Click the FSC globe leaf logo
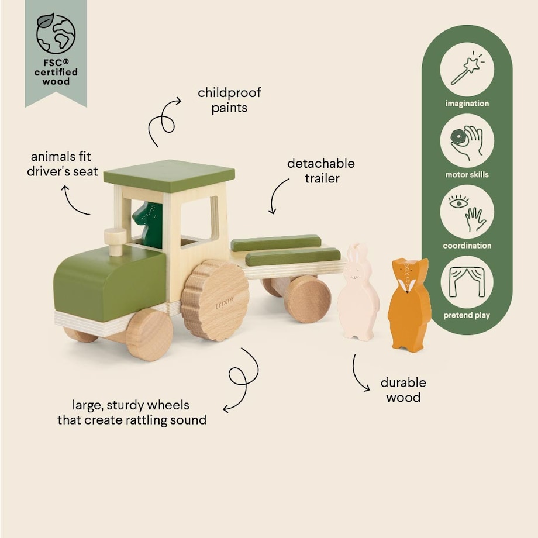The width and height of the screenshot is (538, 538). tap(56, 33)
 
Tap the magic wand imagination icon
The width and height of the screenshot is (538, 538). tap(467, 69)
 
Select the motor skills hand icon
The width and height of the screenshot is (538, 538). tap(467, 140)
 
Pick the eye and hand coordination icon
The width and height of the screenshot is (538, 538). tap(467, 212)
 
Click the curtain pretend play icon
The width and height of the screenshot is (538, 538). tap(467, 282)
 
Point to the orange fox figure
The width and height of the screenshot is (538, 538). tap(409, 304)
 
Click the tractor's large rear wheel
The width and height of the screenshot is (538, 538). tap(215, 300)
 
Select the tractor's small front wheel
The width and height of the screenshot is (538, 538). tap(149, 334)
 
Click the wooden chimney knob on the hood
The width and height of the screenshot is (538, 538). tap(115, 240)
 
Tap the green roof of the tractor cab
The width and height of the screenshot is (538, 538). tap(169, 175)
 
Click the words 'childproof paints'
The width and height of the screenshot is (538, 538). tap(229, 100)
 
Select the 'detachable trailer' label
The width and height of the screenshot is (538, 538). tap(320, 171)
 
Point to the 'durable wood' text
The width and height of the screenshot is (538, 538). tap(403, 390)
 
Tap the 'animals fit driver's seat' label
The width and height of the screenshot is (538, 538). tap(62, 164)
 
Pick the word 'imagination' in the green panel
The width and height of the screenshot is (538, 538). tap(467, 104)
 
